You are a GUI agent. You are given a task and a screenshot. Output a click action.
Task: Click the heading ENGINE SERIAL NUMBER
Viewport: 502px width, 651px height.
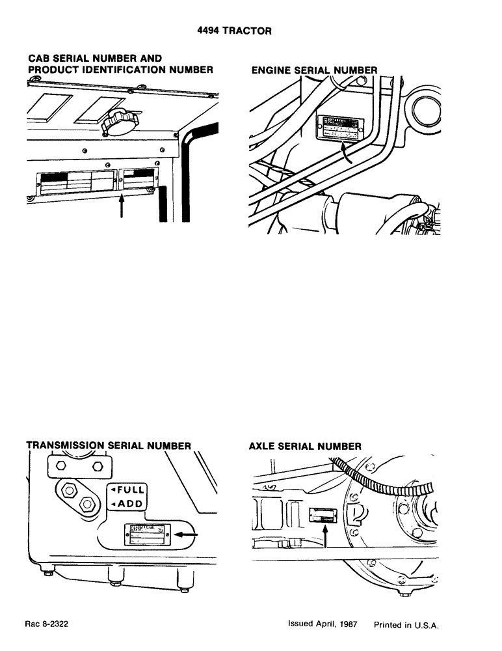(x=314, y=70)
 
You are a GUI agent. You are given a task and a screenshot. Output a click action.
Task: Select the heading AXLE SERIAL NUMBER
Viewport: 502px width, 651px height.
(x=305, y=446)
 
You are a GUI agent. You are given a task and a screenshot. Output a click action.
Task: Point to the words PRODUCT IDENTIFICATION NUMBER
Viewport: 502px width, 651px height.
(x=121, y=70)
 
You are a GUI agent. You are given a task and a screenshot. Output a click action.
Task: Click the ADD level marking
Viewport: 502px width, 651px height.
(x=128, y=505)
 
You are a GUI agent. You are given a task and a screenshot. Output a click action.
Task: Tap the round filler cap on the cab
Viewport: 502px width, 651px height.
(x=119, y=121)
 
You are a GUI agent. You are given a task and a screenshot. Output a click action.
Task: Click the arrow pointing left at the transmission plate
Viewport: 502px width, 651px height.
(x=187, y=533)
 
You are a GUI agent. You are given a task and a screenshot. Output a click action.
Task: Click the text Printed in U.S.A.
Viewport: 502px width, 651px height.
(x=407, y=624)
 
